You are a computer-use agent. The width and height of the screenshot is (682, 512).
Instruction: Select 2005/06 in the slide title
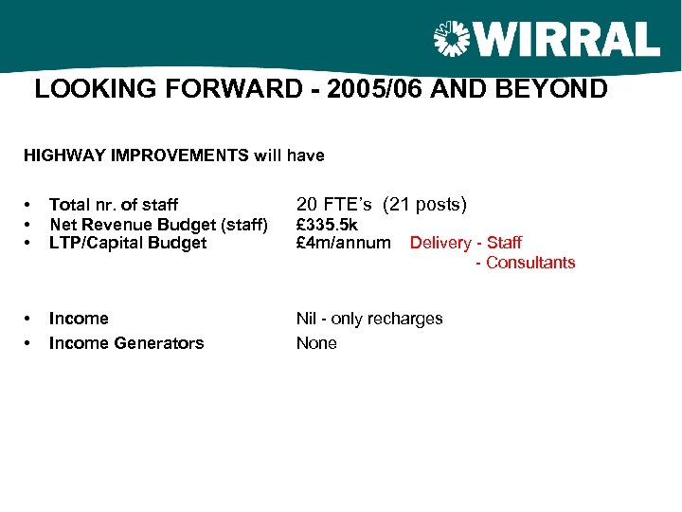pyautogui.click(x=399, y=90)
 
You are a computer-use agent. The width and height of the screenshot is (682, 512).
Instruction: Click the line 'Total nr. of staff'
pyautogui.click(x=113, y=205)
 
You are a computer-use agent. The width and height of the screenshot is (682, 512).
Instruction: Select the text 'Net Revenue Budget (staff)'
pyautogui.click(x=158, y=224)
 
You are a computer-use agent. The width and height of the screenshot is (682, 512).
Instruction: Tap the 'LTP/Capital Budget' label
pyautogui.click(x=127, y=243)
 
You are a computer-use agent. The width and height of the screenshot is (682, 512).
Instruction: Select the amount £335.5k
pyautogui.click(x=327, y=224)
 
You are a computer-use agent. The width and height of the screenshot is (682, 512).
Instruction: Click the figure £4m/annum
pyautogui.click(x=343, y=243)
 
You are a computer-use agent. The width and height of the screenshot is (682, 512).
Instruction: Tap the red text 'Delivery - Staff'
pyautogui.click(x=465, y=244)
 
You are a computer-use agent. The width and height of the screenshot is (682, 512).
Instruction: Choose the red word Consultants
pyautogui.click(x=530, y=263)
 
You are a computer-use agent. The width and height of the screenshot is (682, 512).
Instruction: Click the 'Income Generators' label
pyautogui.click(x=126, y=343)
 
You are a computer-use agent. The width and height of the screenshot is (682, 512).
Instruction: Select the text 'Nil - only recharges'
pyautogui.click(x=369, y=319)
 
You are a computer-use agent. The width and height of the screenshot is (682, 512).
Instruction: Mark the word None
pyautogui.click(x=316, y=343)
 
